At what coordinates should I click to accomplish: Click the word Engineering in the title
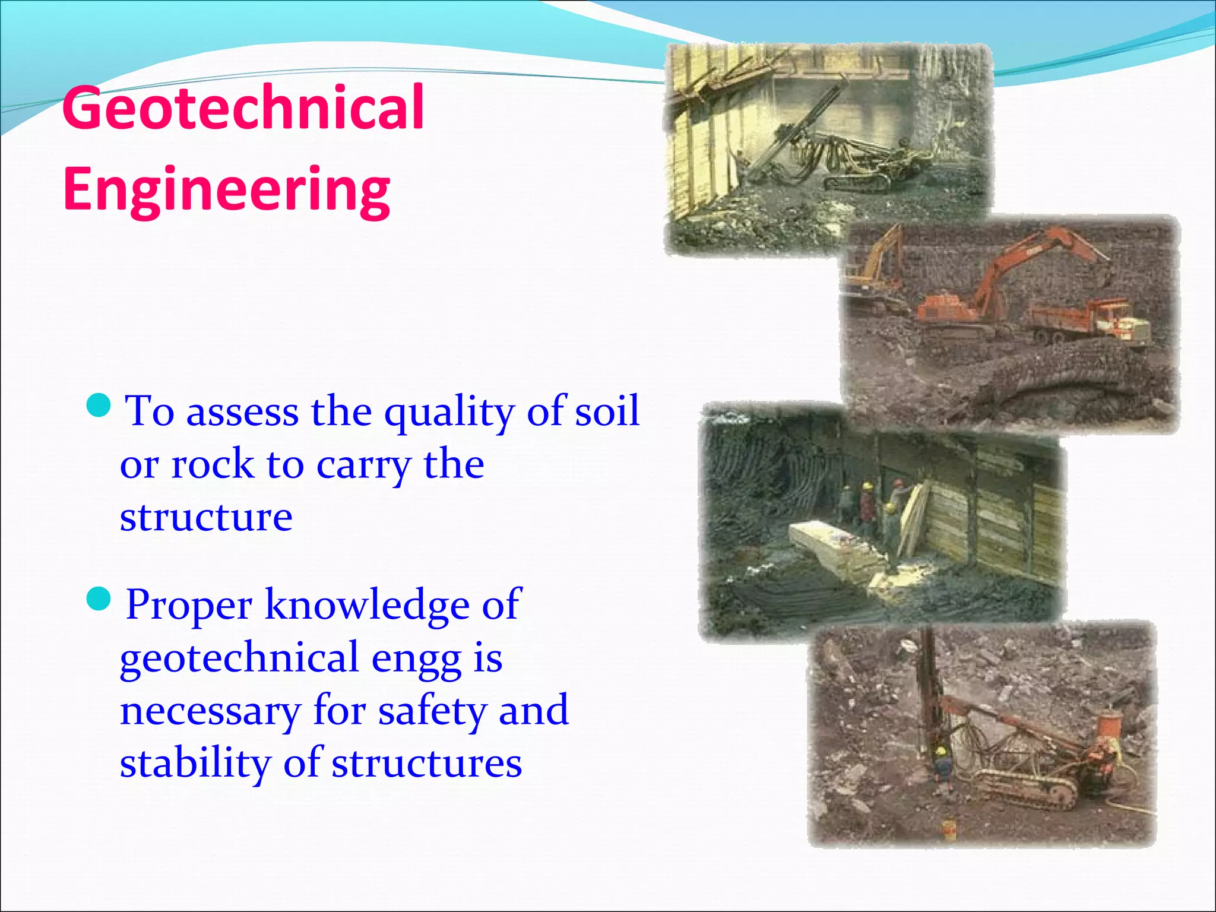(x=226, y=189)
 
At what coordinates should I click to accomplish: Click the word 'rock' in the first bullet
(x=212, y=465)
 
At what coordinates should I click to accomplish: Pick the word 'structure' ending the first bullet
(x=206, y=517)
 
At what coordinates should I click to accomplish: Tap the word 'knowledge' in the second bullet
(x=366, y=605)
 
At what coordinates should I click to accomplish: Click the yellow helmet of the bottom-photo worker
(x=940, y=752)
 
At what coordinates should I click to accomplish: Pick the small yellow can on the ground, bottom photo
(x=948, y=826)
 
